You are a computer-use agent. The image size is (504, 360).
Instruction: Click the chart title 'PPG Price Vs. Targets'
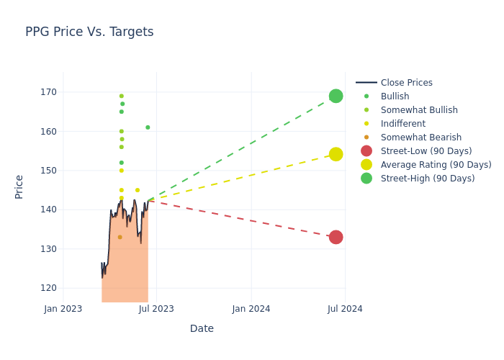89,32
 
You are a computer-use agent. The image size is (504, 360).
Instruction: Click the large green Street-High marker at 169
336,96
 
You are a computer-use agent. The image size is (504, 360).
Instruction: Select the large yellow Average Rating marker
336,154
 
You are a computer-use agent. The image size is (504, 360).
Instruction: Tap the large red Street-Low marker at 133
336,237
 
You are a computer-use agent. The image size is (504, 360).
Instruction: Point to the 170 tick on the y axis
48,92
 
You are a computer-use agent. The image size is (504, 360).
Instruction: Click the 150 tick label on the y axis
48,171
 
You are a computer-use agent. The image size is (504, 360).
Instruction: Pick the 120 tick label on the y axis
48,288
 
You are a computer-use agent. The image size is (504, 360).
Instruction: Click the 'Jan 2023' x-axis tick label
63,309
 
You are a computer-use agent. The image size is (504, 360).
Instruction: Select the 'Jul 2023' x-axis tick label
157,309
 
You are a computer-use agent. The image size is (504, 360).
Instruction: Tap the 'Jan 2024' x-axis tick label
251,309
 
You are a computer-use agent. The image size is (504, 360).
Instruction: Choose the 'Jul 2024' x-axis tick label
345,309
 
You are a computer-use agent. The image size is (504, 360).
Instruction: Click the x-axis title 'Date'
202,328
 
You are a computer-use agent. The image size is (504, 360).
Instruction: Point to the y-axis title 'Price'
19,186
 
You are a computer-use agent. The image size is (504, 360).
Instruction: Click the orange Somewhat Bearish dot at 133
120,237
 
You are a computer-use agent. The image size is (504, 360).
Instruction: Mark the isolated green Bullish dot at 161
148,127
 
